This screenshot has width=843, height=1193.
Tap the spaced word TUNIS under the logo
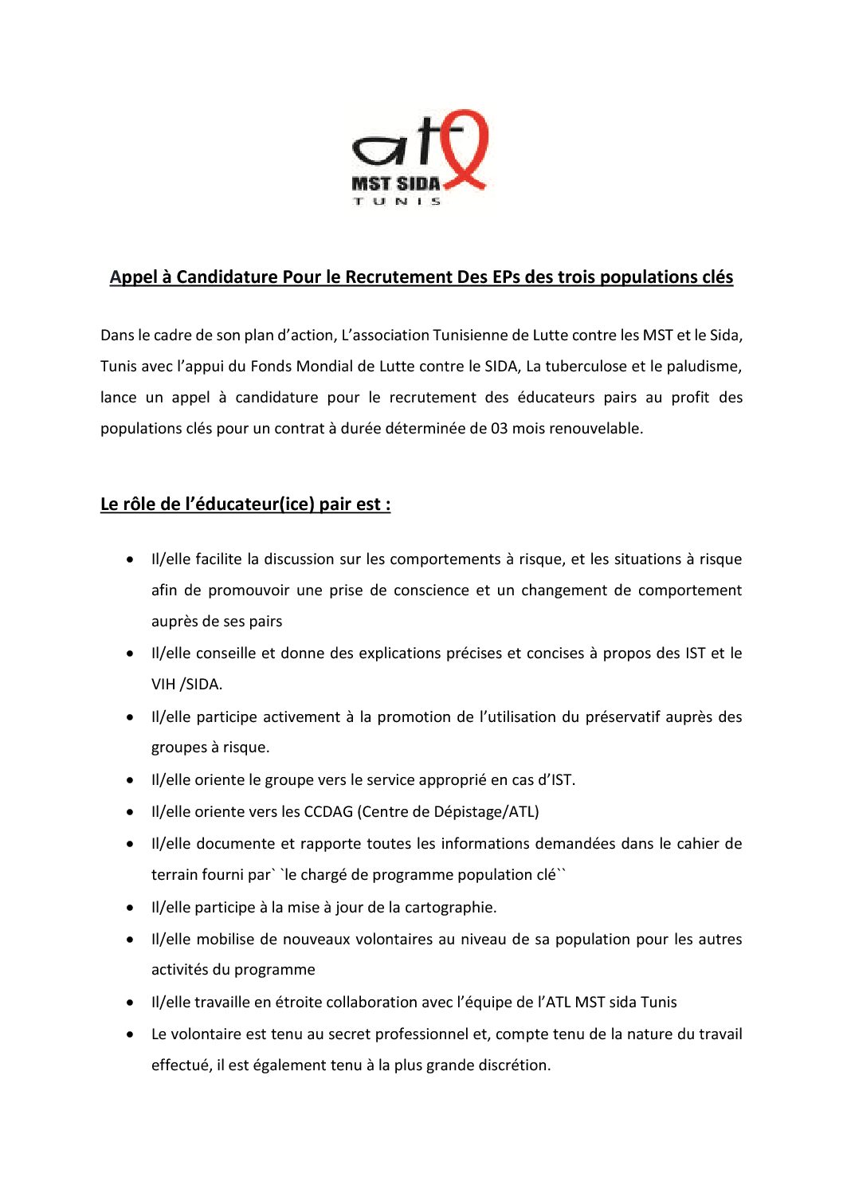coord(397,202)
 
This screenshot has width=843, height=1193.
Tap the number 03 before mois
coord(499,429)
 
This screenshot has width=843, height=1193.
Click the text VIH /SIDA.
coord(186,685)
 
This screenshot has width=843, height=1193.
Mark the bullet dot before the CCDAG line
coord(130,812)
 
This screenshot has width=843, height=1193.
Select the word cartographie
coord(450,908)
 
